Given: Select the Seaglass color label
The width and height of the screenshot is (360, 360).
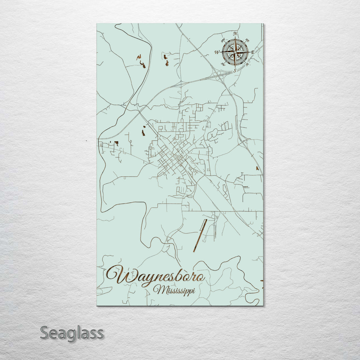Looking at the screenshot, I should (x=72, y=333).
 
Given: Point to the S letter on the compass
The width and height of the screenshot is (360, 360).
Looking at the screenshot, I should (x=235, y=70).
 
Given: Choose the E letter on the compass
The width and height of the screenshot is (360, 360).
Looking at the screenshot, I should (x=253, y=52).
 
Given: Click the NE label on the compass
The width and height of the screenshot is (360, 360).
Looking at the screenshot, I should (x=247, y=40).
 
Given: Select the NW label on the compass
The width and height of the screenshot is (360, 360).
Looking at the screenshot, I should (x=223, y=41).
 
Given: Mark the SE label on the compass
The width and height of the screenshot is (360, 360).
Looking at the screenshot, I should (x=247, y=64).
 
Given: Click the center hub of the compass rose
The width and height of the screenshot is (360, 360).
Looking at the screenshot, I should (x=235, y=52).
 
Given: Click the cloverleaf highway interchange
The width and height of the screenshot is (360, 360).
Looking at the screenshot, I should (x=219, y=75).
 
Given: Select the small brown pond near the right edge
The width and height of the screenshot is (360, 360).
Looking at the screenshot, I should (x=257, y=168).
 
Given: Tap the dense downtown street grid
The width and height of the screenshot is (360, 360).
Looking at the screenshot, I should (x=173, y=157).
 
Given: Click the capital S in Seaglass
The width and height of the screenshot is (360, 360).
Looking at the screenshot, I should (x=45, y=333).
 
